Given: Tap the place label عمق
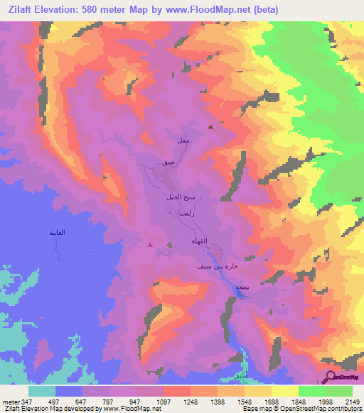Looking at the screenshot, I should [x=168, y=163].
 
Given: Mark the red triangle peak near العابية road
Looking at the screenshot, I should [x=149, y=246].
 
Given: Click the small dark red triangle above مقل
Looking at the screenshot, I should [x=210, y=128].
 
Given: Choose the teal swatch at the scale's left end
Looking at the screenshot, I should [x=42, y=391].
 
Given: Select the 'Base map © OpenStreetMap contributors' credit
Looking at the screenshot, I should [x=299, y=409].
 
